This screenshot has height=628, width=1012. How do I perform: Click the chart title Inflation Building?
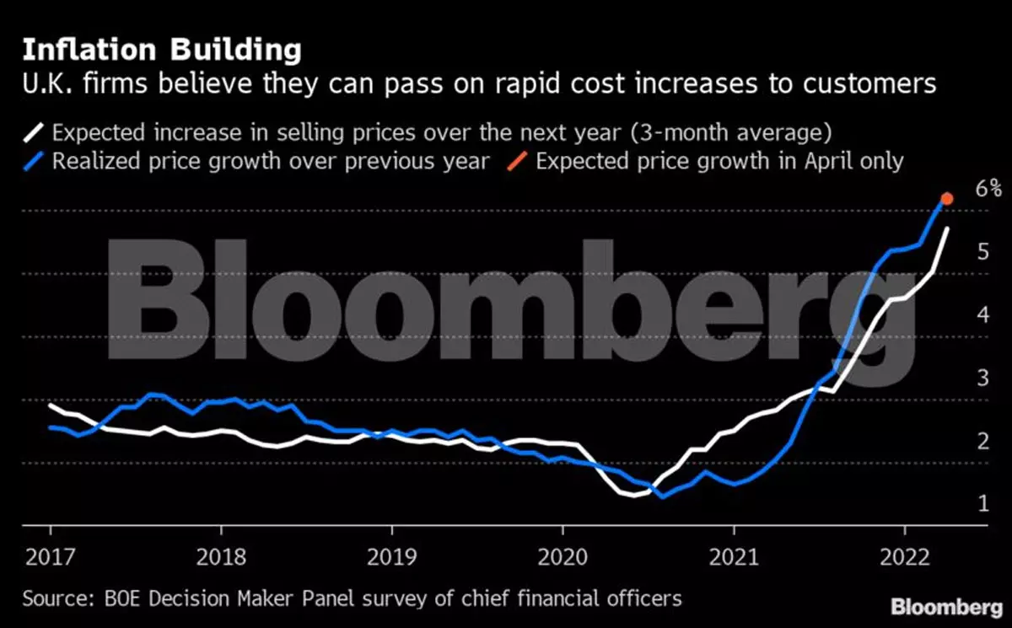click(x=161, y=50)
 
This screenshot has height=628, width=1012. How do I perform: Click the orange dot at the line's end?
click(x=947, y=198)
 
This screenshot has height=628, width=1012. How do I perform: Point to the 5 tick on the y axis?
click(x=982, y=252)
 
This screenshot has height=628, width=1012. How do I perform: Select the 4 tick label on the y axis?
click(x=982, y=315)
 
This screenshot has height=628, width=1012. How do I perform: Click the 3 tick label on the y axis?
click(x=982, y=378)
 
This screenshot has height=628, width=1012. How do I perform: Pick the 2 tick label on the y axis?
click(x=982, y=441)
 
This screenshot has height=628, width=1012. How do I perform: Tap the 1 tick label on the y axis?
click(x=982, y=504)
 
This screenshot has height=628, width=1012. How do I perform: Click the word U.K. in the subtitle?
click(x=45, y=84)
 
